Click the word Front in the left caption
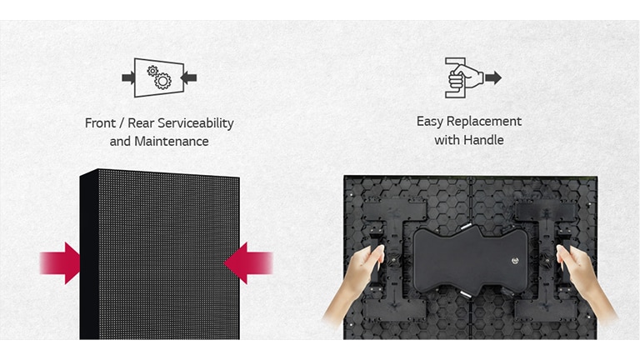101,123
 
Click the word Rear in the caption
142,123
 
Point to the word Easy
430,122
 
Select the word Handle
484,140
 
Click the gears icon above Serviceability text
159,77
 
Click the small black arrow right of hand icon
493,77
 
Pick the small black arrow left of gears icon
128,77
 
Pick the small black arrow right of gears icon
190,77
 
